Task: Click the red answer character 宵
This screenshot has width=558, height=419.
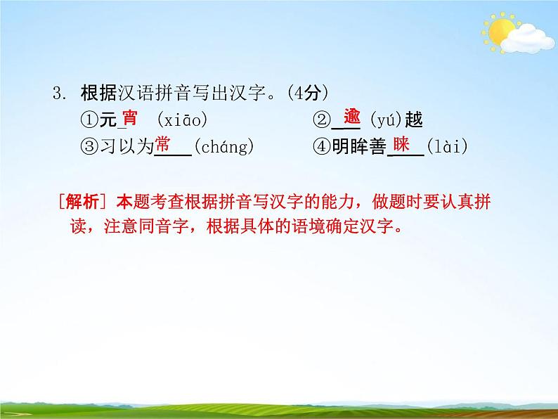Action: coord(129,117)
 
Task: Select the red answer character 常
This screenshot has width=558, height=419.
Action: coord(163,145)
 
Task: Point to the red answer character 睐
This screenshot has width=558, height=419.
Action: coord(401,145)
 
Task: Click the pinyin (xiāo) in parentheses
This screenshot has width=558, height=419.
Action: coord(183,120)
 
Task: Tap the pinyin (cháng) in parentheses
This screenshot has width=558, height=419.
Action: coord(223,147)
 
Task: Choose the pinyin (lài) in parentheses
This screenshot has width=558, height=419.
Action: coord(447,147)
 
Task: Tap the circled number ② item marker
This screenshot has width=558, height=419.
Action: coord(320,120)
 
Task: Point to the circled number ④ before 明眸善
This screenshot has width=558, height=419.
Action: coord(320,147)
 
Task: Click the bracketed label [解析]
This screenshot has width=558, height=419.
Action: coord(82,202)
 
